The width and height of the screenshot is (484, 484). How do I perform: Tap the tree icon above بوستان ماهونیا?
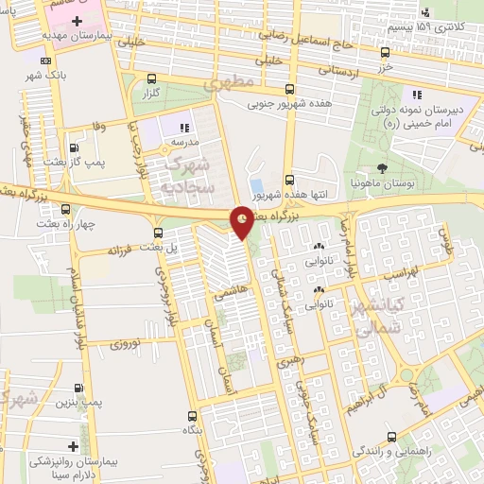[x=380, y=166]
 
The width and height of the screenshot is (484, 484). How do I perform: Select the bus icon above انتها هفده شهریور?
[x=289, y=179]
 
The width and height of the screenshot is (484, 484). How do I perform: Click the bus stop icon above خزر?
[x=385, y=53]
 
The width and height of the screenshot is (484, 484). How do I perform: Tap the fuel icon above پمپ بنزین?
[x=78, y=388]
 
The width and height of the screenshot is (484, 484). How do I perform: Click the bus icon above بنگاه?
[x=193, y=416]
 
